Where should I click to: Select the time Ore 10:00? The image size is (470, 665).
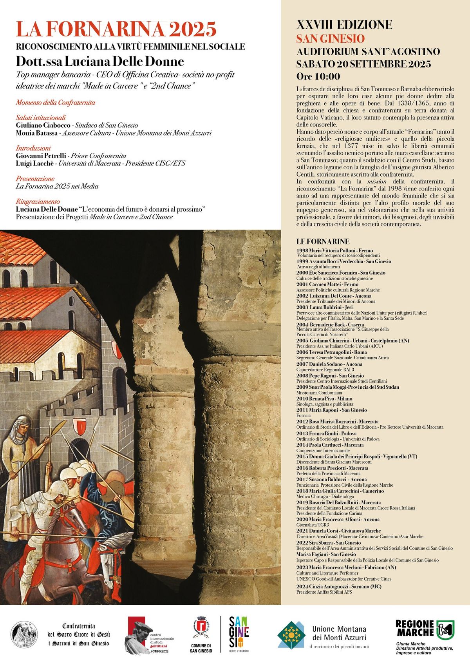pos(318,76)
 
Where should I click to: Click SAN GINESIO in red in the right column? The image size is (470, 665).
pos(330,39)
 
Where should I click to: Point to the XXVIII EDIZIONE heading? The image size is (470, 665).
pos(344,25)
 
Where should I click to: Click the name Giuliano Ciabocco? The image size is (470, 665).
pos(43,125)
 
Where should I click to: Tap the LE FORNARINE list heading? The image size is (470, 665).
pos(323,241)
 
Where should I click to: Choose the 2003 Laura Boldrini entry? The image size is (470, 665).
pos(325,307)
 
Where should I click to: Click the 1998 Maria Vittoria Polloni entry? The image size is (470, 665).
pos(334,250)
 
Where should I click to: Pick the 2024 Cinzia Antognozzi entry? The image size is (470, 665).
pos(339,586)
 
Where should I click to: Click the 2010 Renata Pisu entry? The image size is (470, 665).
pos(324,399)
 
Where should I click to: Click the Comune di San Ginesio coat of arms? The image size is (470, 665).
pos(201,626)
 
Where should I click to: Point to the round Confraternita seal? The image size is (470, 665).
pos(24,634)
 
